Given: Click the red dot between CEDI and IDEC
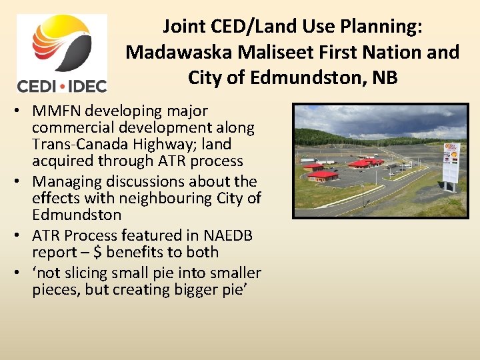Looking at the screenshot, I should coord(61,85).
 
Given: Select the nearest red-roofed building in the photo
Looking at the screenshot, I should coord(322,175).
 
